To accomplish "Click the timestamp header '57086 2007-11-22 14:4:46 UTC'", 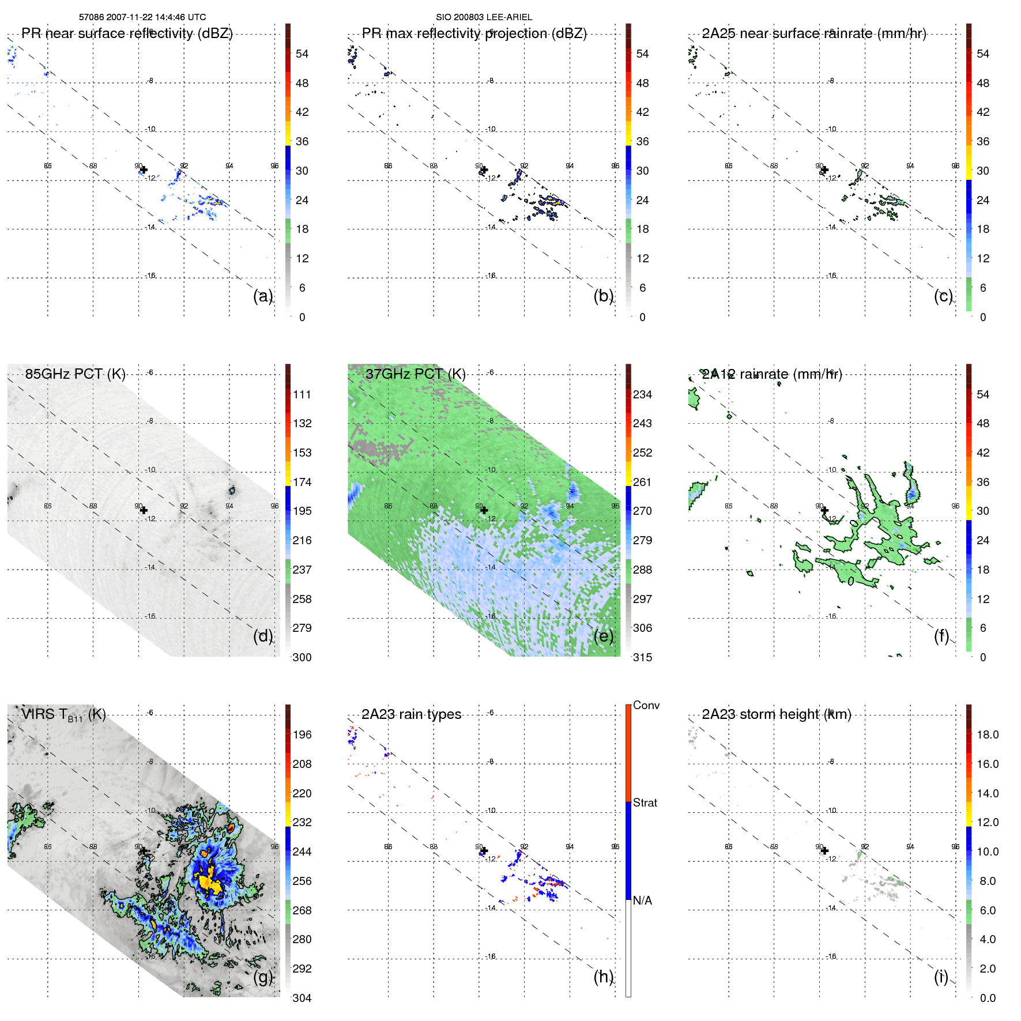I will pos(142,17).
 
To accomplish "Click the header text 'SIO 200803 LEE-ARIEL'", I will pos(484,17).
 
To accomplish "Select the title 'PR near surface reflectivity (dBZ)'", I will pos(127,33).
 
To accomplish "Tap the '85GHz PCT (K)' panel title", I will pos(75,374).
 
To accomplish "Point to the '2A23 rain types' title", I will pos(411,714).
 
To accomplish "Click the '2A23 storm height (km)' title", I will pos(776,714).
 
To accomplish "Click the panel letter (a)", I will pos(263,296).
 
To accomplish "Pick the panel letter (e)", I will pos(604,636).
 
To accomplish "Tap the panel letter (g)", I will pos(263,977).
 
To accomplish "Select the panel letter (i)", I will pos(941,977).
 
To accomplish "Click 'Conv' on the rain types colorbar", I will pos(646,705).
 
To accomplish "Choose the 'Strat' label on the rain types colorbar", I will pos(645,803).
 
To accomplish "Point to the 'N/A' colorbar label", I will pos(642,901).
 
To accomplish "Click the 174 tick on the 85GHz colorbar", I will pos(302,482).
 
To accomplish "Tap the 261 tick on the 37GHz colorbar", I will pos(642,482).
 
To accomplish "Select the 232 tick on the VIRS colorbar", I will pos(302,822).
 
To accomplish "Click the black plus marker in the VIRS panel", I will pos(144,851).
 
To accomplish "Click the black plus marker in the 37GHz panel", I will pos(484,510).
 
